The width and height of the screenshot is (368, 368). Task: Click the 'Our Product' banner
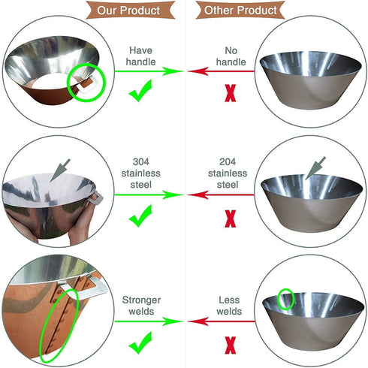coord(130,10)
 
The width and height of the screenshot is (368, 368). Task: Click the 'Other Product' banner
coord(240,10)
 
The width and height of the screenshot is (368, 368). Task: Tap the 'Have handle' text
coord(140,56)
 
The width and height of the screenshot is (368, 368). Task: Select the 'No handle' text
coord(231,56)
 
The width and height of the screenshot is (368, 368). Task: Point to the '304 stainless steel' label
coord(141,173)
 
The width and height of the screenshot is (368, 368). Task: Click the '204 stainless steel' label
coord(228,173)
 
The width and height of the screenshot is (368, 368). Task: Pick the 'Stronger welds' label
coord(141,306)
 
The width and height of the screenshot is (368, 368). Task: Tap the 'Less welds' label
coord(229,306)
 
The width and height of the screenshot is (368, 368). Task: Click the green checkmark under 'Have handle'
coord(140,91)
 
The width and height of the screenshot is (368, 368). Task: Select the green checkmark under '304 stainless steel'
coord(140,216)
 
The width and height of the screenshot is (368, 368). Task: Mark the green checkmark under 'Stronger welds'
coord(140,342)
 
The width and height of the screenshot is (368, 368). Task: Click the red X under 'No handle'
coord(231,93)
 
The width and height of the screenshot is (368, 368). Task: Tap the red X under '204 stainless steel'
coord(231,219)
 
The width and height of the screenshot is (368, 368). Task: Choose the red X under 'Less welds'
coord(231,345)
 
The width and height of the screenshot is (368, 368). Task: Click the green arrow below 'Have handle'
coord(149,71)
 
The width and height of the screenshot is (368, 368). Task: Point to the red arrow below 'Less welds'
coord(222,321)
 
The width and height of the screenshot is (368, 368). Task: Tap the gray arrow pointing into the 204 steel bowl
coord(315,168)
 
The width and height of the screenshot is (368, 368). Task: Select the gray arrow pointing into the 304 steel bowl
coord(60,170)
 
